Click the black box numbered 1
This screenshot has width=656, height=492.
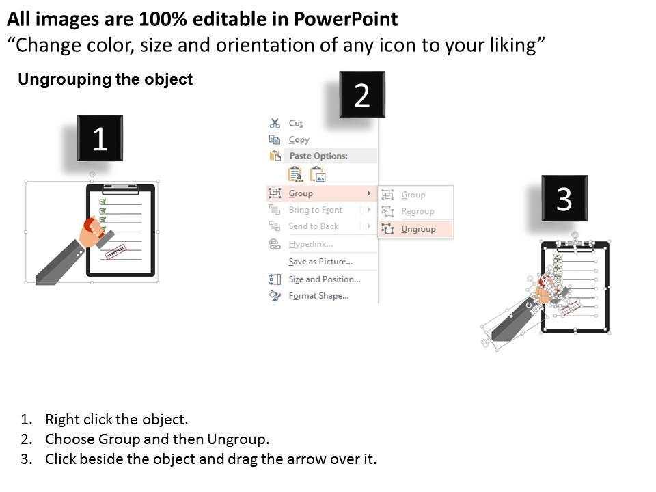click(x=100, y=138)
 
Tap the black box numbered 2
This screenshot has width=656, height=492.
click(x=362, y=94)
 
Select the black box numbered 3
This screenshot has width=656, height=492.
click(x=564, y=198)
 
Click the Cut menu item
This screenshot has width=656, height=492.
click(x=295, y=124)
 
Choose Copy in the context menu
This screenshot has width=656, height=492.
click(x=299, y=139)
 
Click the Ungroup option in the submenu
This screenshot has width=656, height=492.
click(x=418, y=229)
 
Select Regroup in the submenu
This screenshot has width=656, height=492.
click(x=418, y=211)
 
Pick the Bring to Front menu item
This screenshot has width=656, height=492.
click(x=316, y=210)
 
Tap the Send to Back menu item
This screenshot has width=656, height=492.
click(x=314, y=226)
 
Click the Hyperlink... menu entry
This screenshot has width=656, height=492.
click(x=311, y=244)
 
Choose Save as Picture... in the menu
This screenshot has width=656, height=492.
click(x=320, y=262)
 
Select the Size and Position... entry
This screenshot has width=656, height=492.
click(x=324, y=279)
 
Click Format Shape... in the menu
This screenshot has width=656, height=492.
click(x=318, y=296)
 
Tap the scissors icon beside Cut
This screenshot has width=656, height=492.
click(x=275, y=123)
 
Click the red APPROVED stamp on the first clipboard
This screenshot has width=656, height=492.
click(x=115, y=252)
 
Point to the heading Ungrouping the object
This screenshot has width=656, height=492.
click(x=105, y=79)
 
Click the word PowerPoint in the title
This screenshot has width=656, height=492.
click(x=346, y=19)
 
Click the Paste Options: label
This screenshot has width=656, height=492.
click(x=318, y=156)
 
